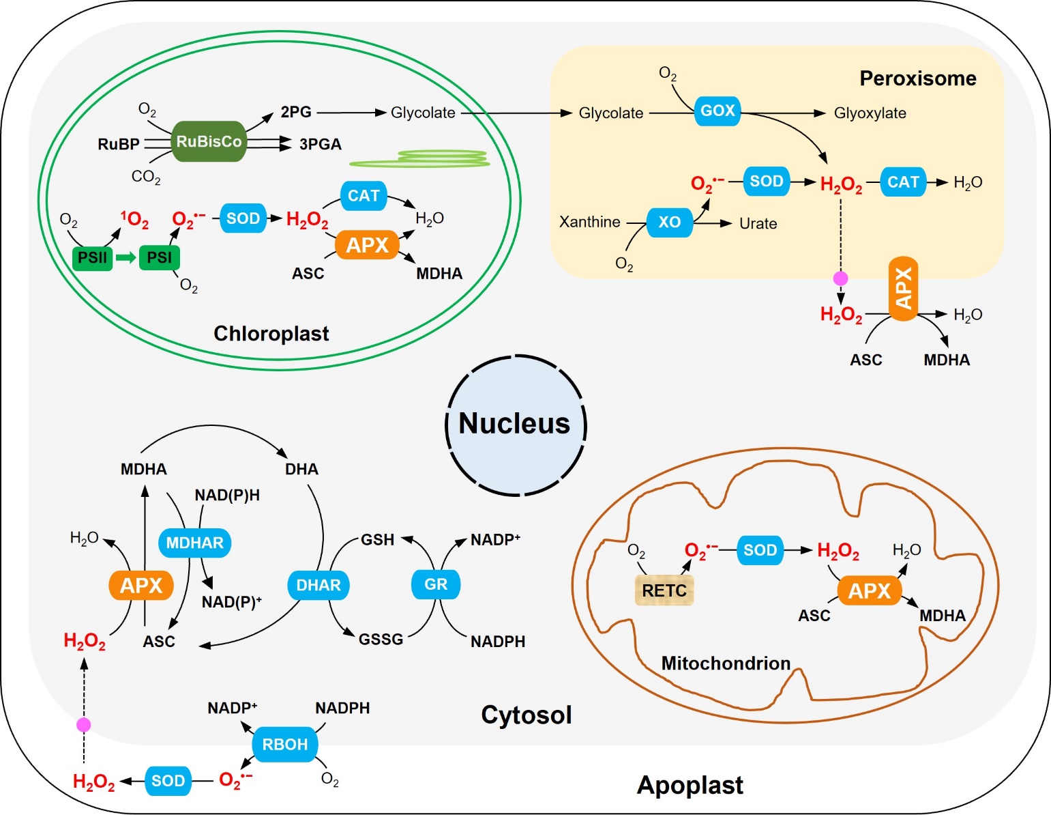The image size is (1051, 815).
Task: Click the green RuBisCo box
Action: coord(209,142)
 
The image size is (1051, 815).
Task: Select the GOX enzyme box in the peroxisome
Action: coord(717,111)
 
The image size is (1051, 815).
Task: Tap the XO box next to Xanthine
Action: coord(669,222)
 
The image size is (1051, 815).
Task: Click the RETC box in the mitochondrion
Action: coord(664,590)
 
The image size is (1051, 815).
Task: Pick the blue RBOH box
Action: coord(284,744)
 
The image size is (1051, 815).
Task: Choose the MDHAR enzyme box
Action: coord(194,543)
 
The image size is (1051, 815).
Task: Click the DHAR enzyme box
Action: coord(318,585)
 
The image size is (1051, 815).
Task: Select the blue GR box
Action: coord(436,584)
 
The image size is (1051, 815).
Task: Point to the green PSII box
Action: coord(92,258)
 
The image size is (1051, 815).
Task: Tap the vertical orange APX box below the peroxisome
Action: coord(903,288)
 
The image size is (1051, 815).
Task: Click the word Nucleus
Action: coord(514,423)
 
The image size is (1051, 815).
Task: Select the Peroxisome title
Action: coord(917,78)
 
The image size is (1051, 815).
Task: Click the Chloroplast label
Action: coord(271,333)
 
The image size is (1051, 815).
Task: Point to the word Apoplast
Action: coord(690,785)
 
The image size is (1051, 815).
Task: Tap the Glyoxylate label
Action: coord(870,113)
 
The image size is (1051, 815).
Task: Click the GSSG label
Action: coord(381,640)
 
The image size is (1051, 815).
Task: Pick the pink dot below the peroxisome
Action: coord(841,278)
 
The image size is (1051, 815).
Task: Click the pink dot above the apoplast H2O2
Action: coord(83,725)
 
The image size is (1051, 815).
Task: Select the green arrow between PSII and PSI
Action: coord(125,258)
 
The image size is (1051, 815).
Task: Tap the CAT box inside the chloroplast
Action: coord(364,196)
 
